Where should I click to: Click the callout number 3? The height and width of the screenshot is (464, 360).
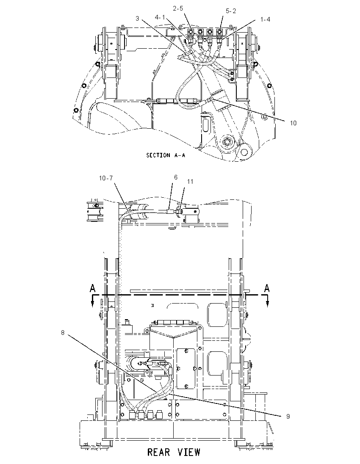point(137,18)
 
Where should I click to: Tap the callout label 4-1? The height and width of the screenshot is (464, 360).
point(160,17)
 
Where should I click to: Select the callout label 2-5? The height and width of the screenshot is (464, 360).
point(178,8)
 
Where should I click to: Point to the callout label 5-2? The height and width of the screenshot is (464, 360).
point(231,11)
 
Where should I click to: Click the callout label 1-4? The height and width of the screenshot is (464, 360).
point(265,19)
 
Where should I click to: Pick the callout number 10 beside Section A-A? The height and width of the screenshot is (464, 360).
point(293,123)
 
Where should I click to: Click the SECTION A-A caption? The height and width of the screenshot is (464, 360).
point(166,155)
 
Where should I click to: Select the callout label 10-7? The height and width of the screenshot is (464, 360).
point(106,178)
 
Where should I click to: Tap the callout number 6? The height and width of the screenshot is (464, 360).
point(176,177)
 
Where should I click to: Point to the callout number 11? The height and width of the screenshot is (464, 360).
point(190,181)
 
